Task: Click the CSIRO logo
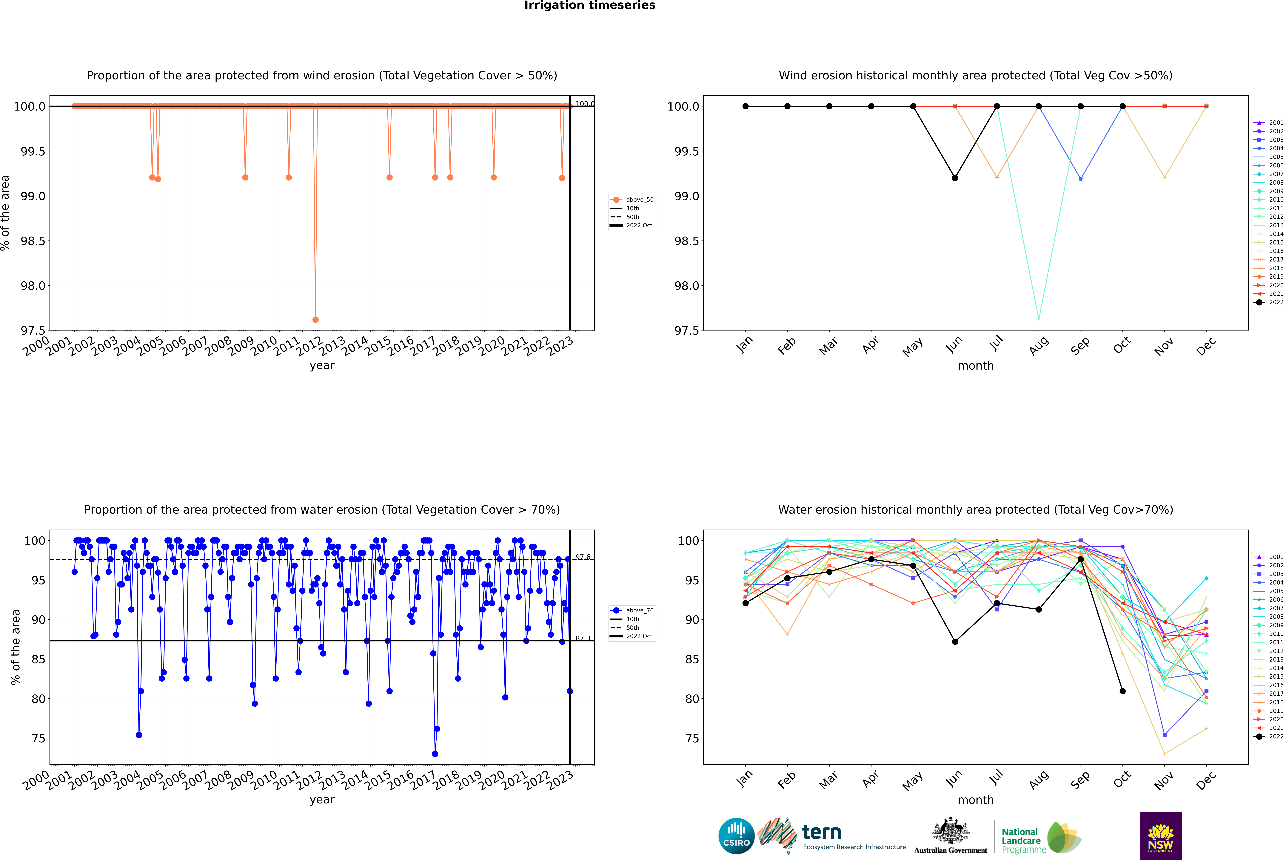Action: pos(736,836)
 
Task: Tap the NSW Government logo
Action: pos(1160,836)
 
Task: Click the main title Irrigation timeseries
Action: pos(590,5)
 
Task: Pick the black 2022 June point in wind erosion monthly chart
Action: pos(955,178)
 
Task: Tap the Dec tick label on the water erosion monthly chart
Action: pos(1206,780)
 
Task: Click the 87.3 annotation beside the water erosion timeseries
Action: pos(583,638)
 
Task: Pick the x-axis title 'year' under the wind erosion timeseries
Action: pos(322,365)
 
